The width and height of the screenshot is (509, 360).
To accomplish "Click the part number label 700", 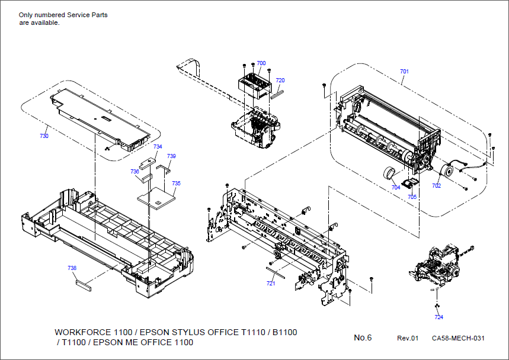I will [261, 63].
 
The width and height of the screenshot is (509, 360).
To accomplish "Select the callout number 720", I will [280, 80].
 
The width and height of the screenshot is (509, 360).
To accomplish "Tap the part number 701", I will [404, 71].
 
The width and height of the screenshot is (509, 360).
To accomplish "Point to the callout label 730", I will [44, 136].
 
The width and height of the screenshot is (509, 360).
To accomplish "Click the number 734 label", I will [158, 146].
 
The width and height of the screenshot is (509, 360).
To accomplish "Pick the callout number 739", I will [171, 156].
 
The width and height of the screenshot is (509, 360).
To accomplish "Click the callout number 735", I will [177, 184].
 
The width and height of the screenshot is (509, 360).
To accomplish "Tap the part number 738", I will [72, 268].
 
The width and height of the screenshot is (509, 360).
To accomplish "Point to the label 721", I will [271, 284].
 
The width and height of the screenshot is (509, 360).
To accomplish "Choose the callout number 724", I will [438, 317].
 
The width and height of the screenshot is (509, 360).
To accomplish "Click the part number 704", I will [396, 187].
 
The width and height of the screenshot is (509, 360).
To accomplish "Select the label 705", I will [412, 197].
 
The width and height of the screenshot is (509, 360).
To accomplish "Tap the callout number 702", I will [436, 186].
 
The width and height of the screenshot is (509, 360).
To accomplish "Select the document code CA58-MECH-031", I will [458, 338].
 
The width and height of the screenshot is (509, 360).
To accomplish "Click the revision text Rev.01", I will [408, 338].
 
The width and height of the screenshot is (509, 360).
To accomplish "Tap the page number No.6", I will [363, 337].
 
